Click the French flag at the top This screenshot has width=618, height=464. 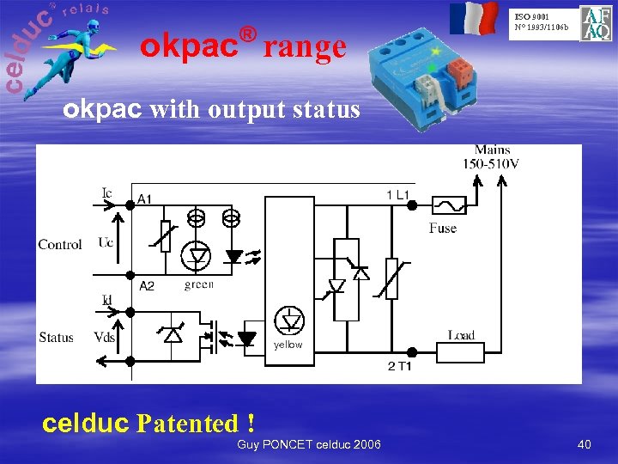click(474, 18)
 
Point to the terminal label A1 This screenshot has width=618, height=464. click(146, 199)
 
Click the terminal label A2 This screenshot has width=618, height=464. click(147, 285)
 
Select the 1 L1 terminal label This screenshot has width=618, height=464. click(398, 195)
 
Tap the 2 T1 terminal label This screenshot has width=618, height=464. click(399, 367)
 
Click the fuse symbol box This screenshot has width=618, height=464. click(450, 205)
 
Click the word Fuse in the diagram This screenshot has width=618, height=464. click(443, 228)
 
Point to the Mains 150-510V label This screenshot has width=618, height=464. click(491, 157)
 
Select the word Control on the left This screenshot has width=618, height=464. click(60, 244)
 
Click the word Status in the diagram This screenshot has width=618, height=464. click(57, 337)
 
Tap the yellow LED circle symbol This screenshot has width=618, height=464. click(289, 320)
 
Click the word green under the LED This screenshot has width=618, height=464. click(198, 284)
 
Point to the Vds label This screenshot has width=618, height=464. click(104, 337)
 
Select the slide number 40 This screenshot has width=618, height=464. click(585, 444)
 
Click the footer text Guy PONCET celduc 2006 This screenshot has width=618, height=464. click(309, 443)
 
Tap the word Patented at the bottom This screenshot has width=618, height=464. click(187, 424)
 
